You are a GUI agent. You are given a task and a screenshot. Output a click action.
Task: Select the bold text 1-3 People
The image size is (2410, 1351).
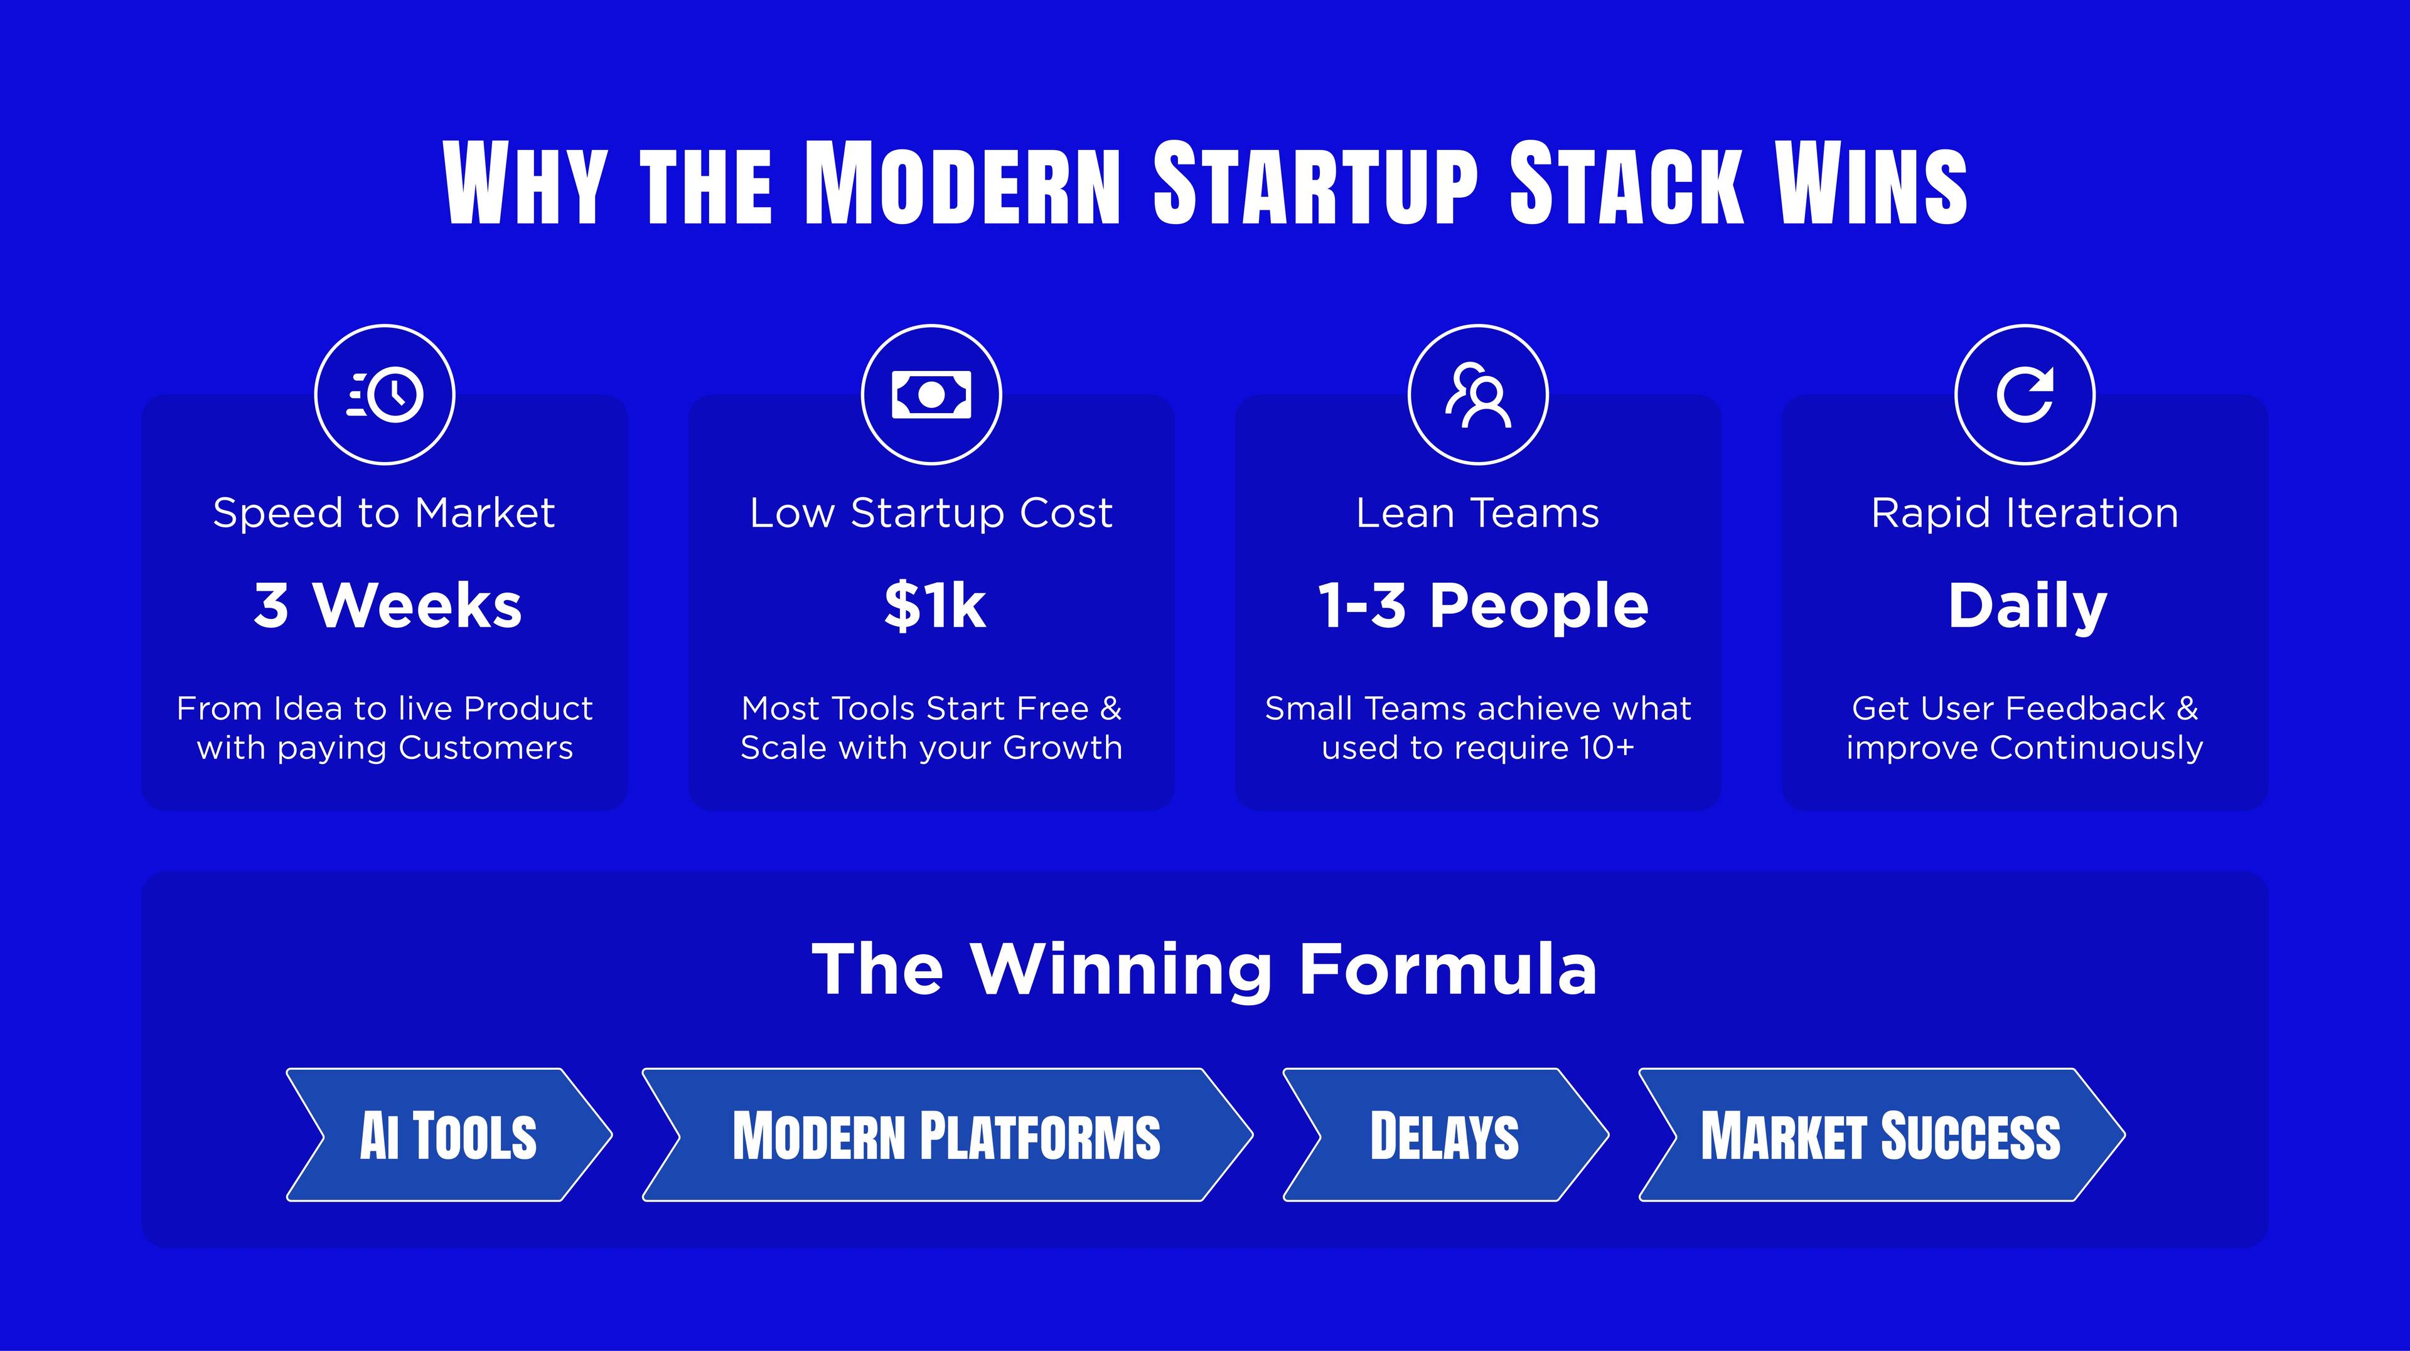pos(1483,606)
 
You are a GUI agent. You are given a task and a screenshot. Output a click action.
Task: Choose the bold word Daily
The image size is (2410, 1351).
pos(2027,607)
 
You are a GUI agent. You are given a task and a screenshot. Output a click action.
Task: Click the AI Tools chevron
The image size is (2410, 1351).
pos(449,1135)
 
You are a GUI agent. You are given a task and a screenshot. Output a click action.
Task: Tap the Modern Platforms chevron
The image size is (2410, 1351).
pos(947,1135)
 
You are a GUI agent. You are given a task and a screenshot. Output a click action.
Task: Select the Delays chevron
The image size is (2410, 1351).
pos(1445,1135)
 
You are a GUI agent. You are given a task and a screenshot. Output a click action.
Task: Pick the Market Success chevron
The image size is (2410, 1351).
pos(1882,1135)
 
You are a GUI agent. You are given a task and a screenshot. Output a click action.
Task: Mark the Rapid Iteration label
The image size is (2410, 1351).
pos(2025,514)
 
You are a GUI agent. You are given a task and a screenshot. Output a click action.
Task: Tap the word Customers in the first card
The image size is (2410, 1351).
pos(486,748)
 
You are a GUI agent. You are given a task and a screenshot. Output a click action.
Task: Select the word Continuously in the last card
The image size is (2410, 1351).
pos(2097,748)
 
